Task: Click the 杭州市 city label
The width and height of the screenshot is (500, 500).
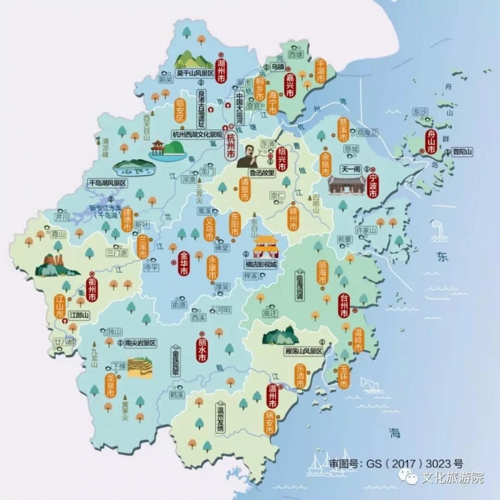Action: (230, 146)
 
